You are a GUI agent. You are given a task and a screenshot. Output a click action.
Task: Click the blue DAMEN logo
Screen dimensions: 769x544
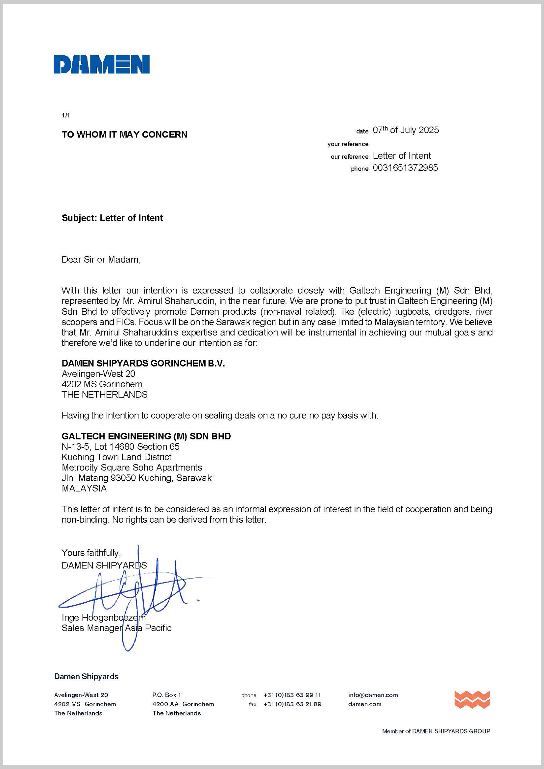click(102, 64)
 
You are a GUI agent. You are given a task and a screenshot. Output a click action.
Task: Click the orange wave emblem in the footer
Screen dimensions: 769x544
click(472, 699)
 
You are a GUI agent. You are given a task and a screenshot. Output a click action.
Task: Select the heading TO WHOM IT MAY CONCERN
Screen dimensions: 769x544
click(124, 135)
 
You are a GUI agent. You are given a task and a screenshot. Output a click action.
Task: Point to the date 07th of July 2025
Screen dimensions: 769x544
click(405, 130)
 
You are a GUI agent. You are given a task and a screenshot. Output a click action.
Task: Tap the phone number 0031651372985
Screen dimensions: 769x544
click(405, 168)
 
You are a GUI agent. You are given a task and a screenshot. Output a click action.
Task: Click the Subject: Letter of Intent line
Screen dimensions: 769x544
click(112, 218)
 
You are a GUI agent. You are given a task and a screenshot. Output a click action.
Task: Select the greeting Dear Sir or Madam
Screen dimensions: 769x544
click(101, 260)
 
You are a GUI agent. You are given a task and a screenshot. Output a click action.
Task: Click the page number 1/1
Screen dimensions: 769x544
click(66, 115)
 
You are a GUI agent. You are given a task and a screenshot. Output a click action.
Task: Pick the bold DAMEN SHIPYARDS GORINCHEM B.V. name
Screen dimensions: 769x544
click(143, 363)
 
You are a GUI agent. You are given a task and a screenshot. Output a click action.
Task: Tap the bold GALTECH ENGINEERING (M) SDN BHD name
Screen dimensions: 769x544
click(146, 436)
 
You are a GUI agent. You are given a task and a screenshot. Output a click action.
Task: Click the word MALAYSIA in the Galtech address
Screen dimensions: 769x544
click(84, 488)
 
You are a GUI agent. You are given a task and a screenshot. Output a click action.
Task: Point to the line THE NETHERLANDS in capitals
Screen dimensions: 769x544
click(105, 395)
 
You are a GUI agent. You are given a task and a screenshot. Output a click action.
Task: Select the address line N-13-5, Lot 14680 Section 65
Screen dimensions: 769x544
click(121, 446)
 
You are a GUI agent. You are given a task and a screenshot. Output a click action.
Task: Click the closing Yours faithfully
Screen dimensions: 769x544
click(91, 553)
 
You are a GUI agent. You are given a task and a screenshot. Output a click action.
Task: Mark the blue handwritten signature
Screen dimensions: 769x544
click(134, 593)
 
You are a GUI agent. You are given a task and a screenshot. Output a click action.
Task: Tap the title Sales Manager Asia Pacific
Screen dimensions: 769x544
click(116, 628)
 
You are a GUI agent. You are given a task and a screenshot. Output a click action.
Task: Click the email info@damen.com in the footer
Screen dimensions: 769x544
click(373, 695)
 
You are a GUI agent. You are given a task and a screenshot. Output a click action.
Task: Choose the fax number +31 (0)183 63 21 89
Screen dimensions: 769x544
click(292, 704)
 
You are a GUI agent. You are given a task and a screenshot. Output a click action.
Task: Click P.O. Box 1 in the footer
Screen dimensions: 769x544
click(166, 695)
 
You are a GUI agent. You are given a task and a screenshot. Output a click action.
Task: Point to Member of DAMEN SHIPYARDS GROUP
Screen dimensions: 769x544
click(436, 731)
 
